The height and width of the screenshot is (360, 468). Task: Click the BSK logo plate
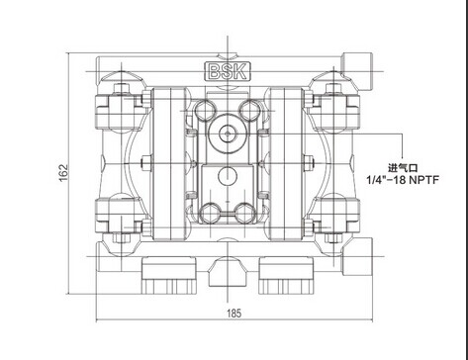click(x=228, y=71)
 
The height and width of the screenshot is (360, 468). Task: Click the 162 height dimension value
click(x=63, y=172)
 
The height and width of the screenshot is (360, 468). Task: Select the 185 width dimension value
click(x=234, y=313)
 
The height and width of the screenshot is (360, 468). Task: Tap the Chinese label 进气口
click(x=403, y=168)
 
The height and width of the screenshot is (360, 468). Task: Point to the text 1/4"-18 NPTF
click(x=403, y=180)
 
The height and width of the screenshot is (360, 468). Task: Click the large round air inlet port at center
click(x=228, y=134)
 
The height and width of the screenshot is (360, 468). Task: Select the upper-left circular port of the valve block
click(x=205, y=110)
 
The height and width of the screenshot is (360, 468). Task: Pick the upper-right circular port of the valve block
click(x=250, y=110)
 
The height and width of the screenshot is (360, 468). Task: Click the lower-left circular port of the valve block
click(x=210, y=214)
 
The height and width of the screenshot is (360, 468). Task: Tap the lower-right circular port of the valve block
click(x=245, y=214)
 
